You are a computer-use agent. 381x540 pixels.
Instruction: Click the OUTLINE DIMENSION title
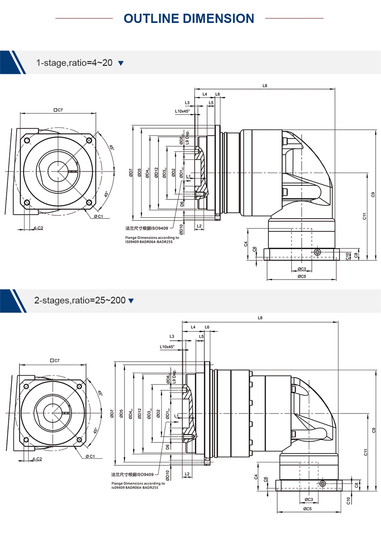tap(189, 18)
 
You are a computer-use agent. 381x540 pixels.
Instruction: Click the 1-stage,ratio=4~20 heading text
tap(74, 63)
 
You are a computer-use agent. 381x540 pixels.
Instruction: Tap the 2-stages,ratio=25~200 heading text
tap(80, 300)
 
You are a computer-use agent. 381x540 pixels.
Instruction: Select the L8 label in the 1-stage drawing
tap(265, 86)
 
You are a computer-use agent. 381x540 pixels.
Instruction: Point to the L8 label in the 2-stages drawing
tap(260, 318)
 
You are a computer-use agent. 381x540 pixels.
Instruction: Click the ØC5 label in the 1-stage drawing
tap(302, 276)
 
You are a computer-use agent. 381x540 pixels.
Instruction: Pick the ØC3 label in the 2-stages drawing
tap(309, 500)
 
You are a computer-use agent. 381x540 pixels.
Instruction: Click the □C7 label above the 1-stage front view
tap(58, 110)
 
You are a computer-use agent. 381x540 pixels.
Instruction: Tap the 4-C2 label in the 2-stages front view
tap(37, 459)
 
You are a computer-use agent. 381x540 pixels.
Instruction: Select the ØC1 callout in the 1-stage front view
tap(99, 216)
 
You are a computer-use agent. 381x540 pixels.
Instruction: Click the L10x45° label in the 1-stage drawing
tap(182, 111)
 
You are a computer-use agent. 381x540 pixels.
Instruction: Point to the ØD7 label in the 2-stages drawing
tap(112, 414)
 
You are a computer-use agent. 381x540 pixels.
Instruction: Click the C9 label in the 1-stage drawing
tap(373, 195)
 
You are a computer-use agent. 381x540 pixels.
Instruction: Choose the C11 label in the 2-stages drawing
tap(366, 452)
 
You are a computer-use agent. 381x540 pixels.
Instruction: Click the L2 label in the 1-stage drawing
tap(199, 226)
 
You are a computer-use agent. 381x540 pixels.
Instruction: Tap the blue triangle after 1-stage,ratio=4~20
tap(121, 63)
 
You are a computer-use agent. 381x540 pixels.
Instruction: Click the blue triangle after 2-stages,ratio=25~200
tap(131, 301)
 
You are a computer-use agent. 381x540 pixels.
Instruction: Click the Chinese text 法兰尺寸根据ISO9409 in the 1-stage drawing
tap(147, 228)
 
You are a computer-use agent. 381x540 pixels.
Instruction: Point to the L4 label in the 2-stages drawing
tap(193, 327)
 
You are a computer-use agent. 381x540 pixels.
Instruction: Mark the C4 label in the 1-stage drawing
tap(246, 244)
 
